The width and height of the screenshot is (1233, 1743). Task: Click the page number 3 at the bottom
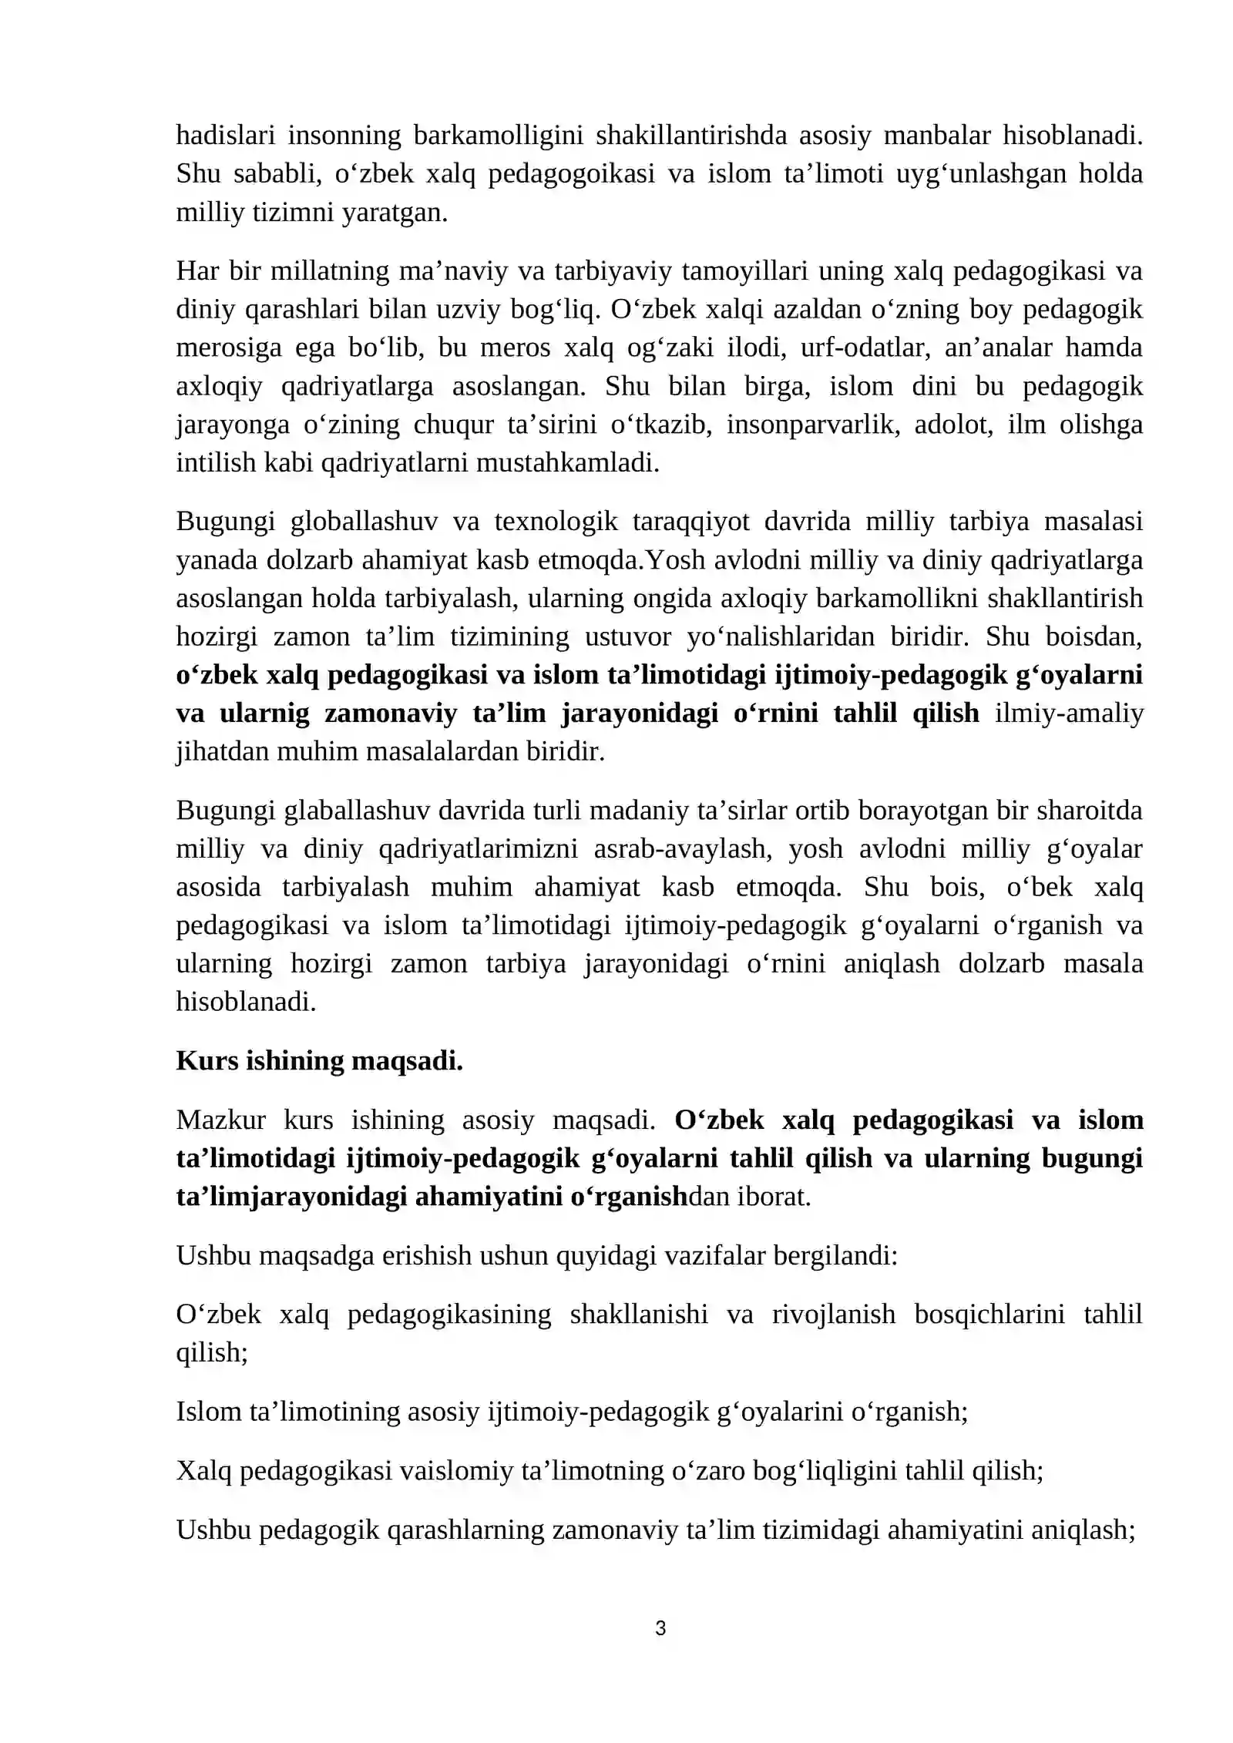pos(660,1627)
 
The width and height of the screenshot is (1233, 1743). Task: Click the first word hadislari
pos(225,135)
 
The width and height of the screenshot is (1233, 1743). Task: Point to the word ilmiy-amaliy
pos(1069,714)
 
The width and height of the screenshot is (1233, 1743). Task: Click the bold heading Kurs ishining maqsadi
pos(319,1061)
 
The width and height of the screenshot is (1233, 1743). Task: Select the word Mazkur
pos(221,1120)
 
